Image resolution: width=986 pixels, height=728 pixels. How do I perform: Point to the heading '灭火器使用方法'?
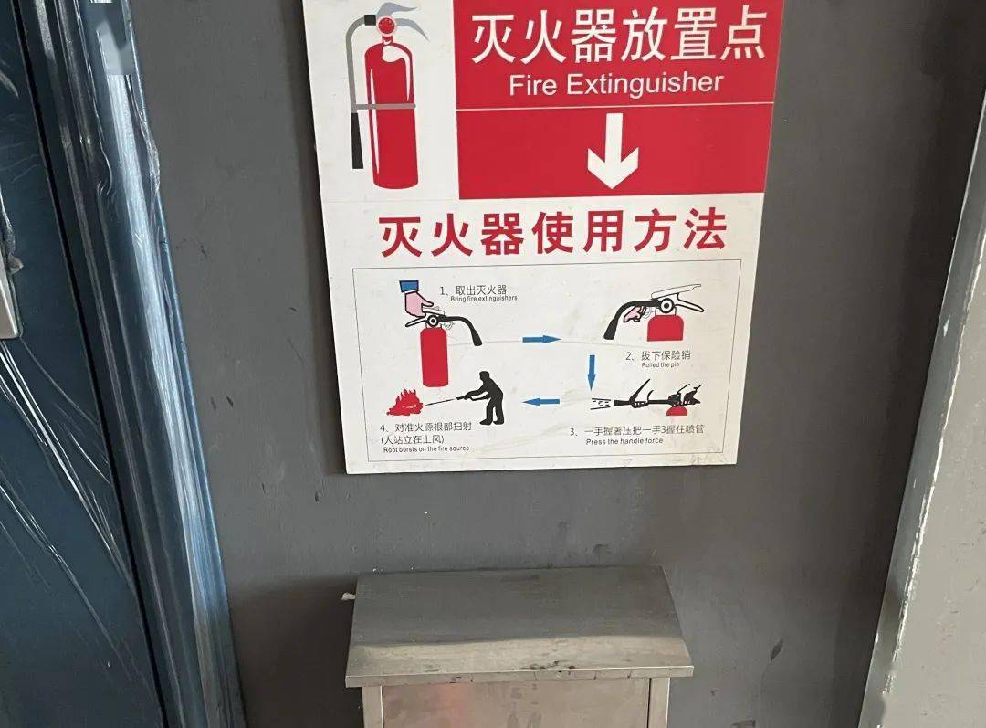tap(552, 234)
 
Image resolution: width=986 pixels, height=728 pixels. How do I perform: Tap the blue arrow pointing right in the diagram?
tap(541, 339)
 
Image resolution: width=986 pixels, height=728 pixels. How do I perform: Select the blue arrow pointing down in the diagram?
tap(591, 369)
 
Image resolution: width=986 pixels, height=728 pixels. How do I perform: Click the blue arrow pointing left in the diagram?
tap(545, 401)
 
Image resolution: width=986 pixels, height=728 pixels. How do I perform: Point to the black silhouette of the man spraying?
tap(489, 398)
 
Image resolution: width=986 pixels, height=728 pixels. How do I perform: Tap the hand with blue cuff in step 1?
tap(418, 300)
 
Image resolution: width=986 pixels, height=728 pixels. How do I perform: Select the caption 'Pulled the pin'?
tap(660, 364)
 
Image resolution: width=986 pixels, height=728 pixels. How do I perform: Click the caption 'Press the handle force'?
tap(624, 441)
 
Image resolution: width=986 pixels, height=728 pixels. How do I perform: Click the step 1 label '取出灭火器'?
tap(472, 290)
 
